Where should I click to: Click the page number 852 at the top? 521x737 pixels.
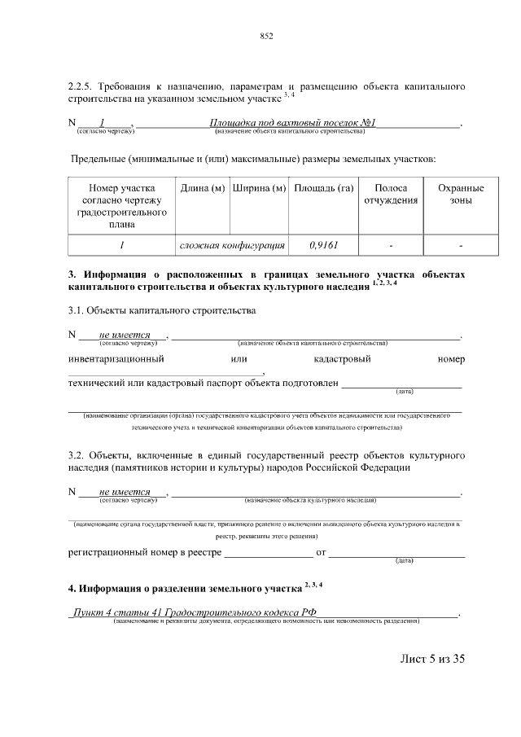265,36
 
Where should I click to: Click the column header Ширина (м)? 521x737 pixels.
259,189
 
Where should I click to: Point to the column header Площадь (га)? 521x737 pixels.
323,189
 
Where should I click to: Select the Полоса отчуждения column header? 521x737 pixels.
391,195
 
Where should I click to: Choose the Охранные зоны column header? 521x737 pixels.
461,195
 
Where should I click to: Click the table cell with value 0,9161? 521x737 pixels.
323,243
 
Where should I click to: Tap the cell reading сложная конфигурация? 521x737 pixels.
231,243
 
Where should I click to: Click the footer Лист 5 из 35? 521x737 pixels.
431,659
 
